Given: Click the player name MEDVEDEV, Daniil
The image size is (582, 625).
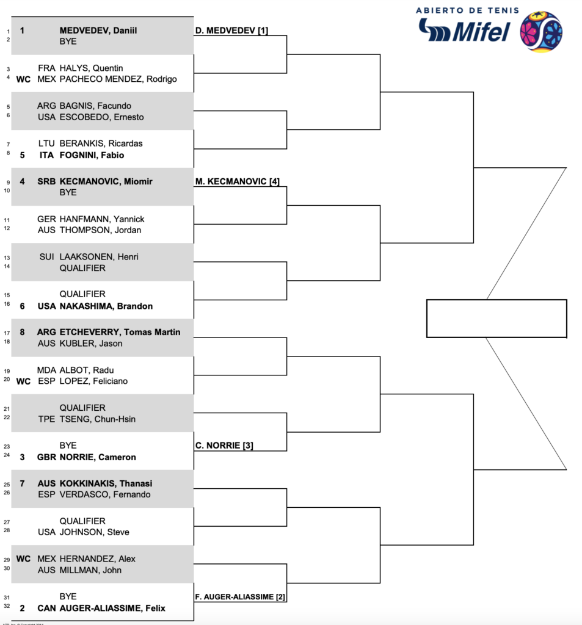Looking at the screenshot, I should click(x=98, y=30).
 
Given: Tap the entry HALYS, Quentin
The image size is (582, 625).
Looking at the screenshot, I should click(x=91, y=68).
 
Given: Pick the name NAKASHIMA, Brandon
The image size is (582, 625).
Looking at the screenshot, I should click(x=106, y=306).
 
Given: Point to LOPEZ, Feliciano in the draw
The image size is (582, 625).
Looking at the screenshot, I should click(x=93, y=381).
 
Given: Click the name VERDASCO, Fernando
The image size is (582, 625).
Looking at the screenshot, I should click(x=105, y=494).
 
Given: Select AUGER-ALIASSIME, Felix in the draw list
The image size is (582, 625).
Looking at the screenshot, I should click(x=112, y=608).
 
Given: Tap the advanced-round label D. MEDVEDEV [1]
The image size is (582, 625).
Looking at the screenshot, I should click(x=232, y=31).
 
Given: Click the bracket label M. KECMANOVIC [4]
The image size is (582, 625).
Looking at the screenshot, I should click(x=238, y=181).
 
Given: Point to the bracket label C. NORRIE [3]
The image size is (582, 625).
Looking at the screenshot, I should click(x=224, y=446).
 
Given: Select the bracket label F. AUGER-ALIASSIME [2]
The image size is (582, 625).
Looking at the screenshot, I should click(x=241, y=596).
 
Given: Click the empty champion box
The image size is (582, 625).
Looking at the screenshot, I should click(x=496, y=318).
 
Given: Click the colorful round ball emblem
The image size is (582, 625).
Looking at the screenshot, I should click(x=540, y=31).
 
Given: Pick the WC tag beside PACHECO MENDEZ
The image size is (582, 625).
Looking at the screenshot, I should click(x=23, y=79).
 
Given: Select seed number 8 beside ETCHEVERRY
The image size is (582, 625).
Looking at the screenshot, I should click(x=22, y=332).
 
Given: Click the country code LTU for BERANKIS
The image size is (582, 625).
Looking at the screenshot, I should click(x=46, y=143).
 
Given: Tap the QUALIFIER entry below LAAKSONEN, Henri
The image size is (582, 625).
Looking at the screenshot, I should click(x=82, y=268).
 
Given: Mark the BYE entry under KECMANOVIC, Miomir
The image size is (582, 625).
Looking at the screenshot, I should click(x=68, y=192).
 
